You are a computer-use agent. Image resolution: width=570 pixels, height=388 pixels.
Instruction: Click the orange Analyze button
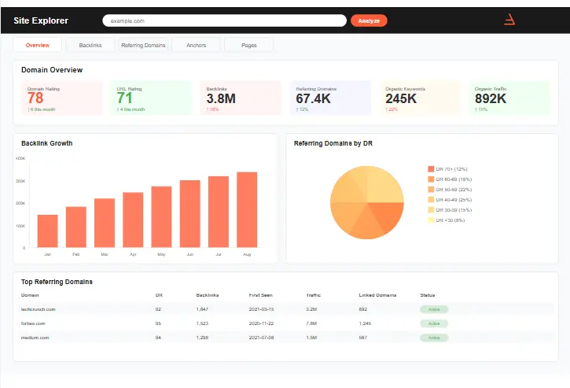[x=369, y=20]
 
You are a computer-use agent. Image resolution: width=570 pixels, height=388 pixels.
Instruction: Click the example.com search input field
[x=224, y=20]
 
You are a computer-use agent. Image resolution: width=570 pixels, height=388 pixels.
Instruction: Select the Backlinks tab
[x=90, y=46]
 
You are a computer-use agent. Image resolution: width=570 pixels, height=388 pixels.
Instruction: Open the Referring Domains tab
[x=143, y=46]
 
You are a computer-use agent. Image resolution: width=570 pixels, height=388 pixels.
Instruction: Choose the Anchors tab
[x=196, y=46]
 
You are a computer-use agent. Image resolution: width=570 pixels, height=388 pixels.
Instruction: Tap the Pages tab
[x=249, y=46]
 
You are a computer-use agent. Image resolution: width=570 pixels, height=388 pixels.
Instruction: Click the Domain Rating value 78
[x=35, y=98]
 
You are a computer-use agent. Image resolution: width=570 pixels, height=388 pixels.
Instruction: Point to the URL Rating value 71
[x=125, y=98]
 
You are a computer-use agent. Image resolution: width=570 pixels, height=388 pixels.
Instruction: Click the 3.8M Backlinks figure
[x=221, y=98]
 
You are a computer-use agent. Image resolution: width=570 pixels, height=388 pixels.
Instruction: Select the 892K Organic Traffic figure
[x=491, y=98]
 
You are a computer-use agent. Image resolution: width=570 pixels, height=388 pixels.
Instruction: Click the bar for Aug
[x=247, y=209]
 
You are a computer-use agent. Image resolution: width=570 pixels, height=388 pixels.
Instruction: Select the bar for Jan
[x=48, y=231]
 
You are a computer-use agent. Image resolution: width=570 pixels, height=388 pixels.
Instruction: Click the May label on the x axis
[x=161, y=255]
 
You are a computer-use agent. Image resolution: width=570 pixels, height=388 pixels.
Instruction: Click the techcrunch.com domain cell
[x=38, y=309]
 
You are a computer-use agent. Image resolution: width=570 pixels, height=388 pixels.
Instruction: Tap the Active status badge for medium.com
[x=433, y=338]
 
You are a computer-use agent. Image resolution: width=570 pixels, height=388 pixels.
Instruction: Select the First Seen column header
[x=261, y=295]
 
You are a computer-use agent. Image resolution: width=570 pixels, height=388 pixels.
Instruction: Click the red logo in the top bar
[x=509, y=20]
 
